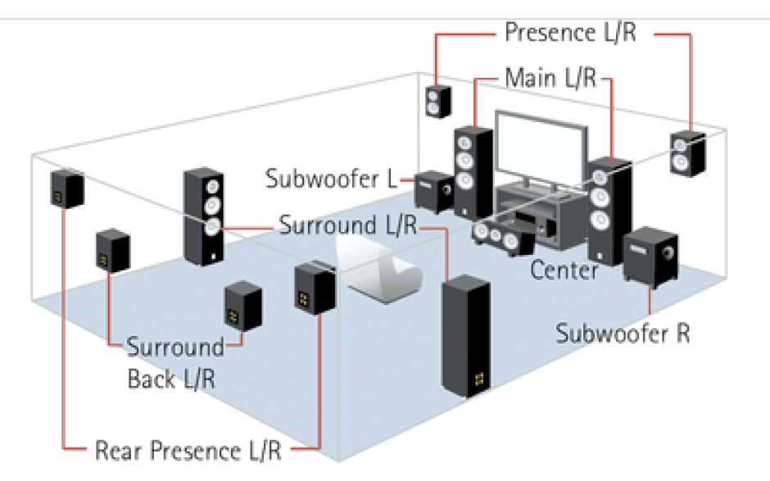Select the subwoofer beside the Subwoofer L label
434,191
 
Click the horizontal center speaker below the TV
502,238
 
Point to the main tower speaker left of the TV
473,173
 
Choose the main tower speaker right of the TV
609,211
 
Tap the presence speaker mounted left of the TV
438,102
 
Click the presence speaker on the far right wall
688,153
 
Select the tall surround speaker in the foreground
465,336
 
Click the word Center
564,270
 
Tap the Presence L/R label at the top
571,33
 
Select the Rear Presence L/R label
188,451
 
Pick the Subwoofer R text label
623,334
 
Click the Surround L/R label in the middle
347,225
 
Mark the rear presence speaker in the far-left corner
67,188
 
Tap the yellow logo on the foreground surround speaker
479,379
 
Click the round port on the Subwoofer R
668,254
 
